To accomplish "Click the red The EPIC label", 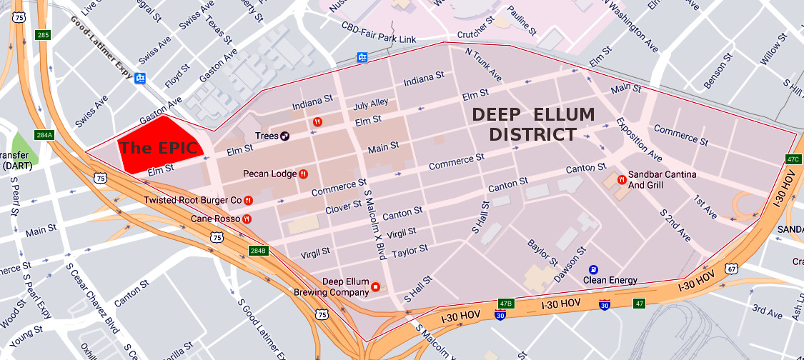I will click(x=158, y=149).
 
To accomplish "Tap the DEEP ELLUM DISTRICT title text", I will click(x=532, y=124).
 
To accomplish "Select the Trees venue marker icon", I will click(x=284, y=136).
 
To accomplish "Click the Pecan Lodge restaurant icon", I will click(x=304, y=174).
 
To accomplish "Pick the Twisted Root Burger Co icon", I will click(x=248, y=200).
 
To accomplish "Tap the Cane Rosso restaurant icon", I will click(x=247, y=219).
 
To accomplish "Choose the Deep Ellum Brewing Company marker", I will click(x=375, y=287).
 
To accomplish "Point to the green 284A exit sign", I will click(x=44, y=134).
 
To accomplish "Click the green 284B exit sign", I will click(x=257, y=251).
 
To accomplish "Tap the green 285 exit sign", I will click(x=44, y=35).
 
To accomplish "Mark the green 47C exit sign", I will click(x=792, y=159).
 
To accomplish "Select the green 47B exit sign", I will click(x=506, y=304).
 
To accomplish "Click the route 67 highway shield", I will click(x=731, y=269).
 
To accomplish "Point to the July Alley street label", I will click(x=371, y=104).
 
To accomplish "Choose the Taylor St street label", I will click(x=410, y=250).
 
